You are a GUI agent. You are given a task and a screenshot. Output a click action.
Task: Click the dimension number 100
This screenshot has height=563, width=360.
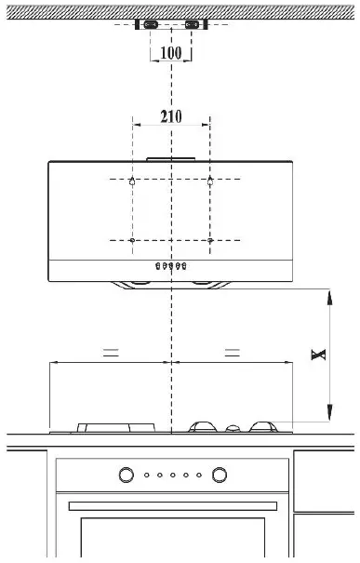171,52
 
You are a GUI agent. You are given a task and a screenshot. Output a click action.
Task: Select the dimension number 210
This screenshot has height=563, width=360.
171,117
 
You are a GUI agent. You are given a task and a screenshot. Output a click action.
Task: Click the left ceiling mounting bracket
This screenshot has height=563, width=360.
150,25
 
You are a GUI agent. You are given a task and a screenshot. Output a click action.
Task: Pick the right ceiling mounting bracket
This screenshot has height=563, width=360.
193,25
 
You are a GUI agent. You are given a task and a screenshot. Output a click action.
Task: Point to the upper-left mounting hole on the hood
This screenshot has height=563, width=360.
133,180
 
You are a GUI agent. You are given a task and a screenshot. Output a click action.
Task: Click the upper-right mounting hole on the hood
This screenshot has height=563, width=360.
211,180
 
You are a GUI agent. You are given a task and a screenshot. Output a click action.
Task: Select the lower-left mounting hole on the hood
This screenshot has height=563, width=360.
133,241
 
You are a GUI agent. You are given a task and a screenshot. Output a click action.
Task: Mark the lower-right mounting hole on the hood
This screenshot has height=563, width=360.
211,241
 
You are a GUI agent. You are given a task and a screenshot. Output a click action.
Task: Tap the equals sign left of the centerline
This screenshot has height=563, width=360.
110,353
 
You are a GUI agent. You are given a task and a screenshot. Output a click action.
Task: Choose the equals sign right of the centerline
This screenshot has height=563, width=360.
233,353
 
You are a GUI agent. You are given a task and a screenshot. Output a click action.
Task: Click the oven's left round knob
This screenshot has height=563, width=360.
126,476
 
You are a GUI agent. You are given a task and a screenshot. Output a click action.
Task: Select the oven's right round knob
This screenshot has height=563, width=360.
219,476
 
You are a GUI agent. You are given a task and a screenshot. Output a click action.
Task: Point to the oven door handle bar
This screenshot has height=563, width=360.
172,504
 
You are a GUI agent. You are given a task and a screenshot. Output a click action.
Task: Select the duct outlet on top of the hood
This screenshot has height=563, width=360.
172,158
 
